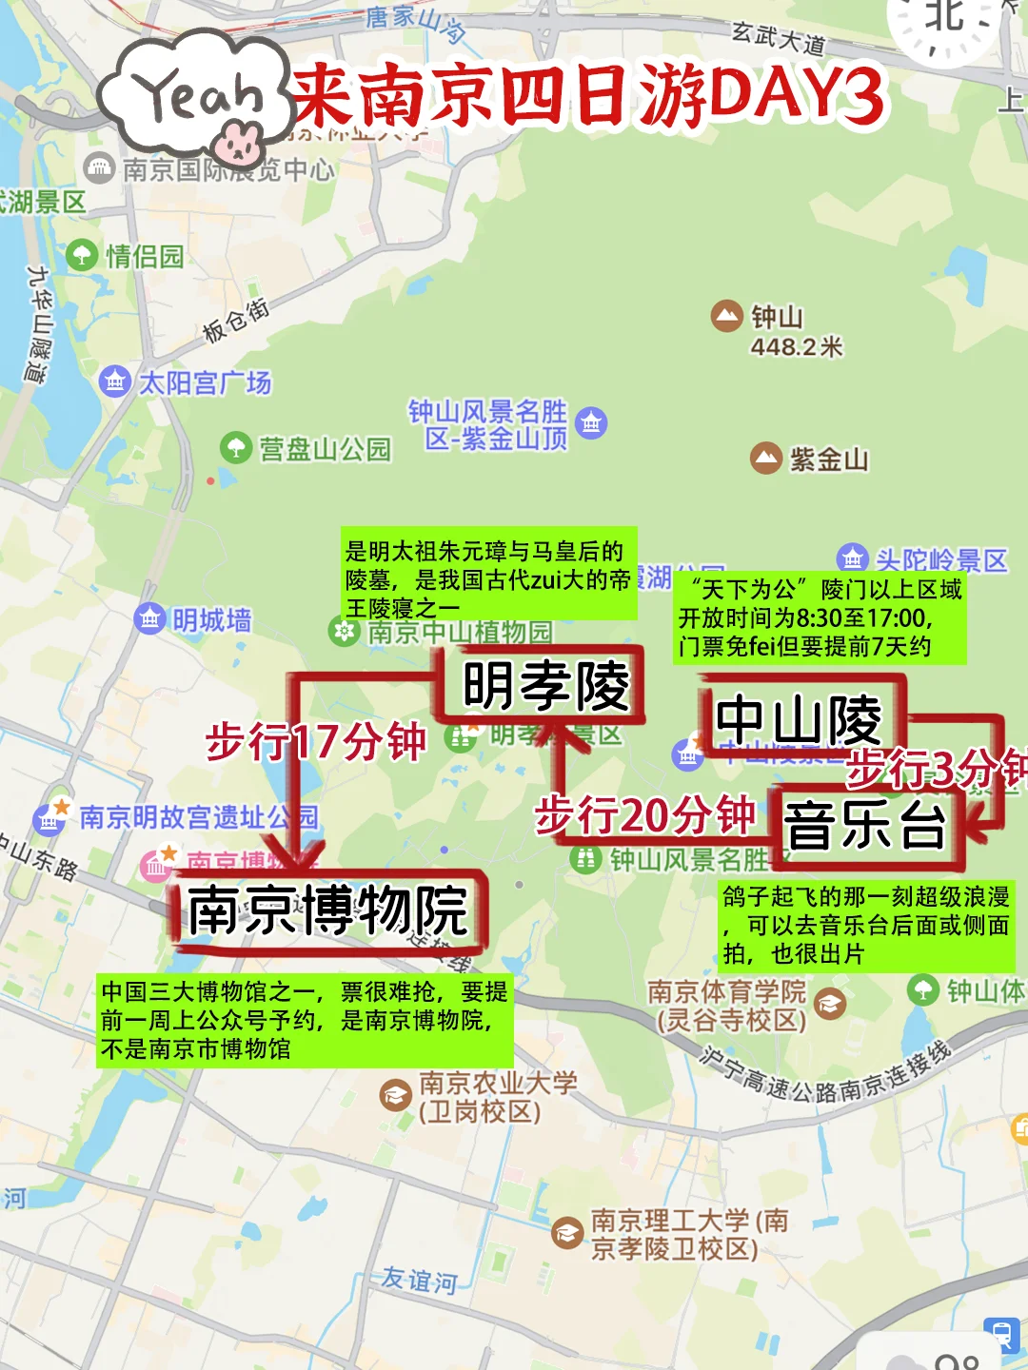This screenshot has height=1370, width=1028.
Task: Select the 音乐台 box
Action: [866, 825]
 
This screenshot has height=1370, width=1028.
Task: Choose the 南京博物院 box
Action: [328, 910]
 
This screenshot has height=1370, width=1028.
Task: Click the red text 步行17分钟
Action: [316, 741]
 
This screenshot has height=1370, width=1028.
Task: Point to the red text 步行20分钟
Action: [645, 815]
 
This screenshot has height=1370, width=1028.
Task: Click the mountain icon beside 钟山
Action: [727, 316]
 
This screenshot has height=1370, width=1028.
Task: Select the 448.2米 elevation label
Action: [797, 347]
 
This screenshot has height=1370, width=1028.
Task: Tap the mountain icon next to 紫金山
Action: [766, 459]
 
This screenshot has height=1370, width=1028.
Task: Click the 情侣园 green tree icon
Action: [82, 255]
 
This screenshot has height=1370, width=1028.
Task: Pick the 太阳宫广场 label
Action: [205, 382]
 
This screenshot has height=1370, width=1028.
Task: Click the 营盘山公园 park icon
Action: [236, 447]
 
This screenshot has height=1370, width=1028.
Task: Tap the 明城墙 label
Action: [211, 620]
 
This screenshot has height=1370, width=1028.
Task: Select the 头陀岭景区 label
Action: [940, 559]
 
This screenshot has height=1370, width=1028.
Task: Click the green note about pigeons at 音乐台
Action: [866, 925]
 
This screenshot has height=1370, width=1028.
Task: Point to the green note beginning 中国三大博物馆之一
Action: [305, 1020]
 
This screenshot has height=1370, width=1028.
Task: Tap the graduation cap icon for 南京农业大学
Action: [395, 1096]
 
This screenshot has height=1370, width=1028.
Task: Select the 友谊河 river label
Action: [419, 1280]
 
